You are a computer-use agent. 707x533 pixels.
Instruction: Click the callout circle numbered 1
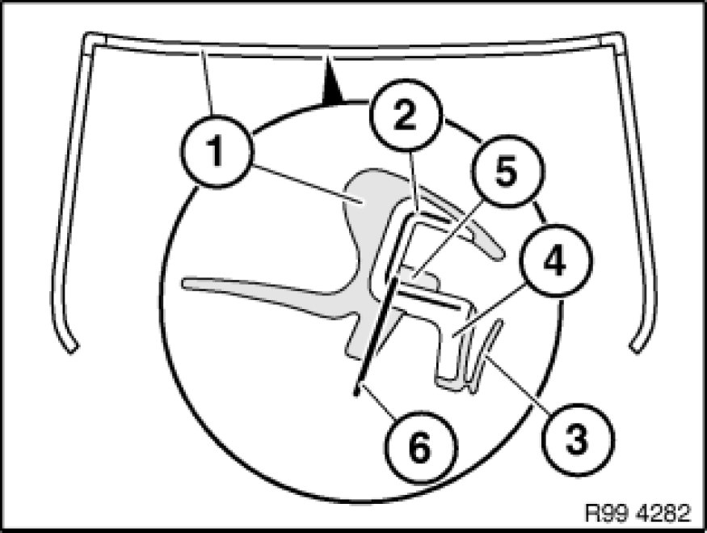click(x=215, y=152)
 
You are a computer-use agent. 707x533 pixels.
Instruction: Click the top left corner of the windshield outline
click(x=90, y=37)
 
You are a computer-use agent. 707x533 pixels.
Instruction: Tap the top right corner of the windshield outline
click(x=619, y=37)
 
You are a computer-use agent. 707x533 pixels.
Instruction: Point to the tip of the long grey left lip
click(x=187, y=283)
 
